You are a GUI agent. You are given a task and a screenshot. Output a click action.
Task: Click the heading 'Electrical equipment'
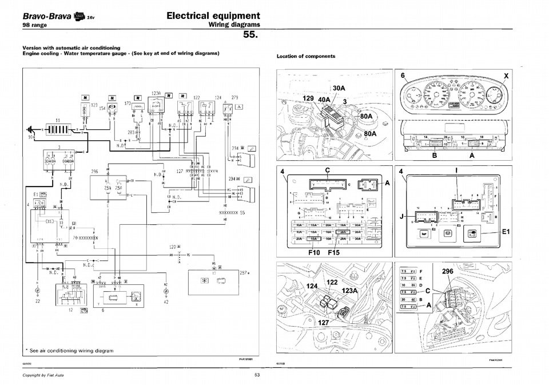coord(213,16)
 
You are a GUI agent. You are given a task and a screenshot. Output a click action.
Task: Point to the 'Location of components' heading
coord(306,56)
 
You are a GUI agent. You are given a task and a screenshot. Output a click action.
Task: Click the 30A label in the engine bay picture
coord(339,88)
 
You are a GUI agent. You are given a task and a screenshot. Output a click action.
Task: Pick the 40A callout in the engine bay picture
coord(324,100)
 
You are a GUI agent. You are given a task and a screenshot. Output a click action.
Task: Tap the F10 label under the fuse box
coord(315,252)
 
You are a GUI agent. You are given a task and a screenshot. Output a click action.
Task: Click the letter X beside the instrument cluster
coord(506,76)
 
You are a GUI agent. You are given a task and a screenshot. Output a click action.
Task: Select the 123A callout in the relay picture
coord(349,291)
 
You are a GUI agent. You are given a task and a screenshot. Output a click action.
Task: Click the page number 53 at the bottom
coord(257,375)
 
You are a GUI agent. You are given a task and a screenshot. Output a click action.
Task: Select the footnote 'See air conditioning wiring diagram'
coord(71,350)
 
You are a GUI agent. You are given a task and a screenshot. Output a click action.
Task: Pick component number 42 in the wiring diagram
coord(166,302)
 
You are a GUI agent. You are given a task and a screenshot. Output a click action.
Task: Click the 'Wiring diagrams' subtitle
coord(234,25)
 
